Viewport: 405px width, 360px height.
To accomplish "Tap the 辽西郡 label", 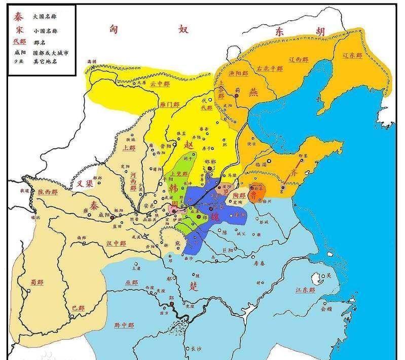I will point(298,60).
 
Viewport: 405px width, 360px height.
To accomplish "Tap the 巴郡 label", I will point(78,307).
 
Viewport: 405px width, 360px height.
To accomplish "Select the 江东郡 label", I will point(305,290).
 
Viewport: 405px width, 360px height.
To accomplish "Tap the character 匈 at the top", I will point(114,30).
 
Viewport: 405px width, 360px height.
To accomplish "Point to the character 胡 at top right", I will point(319,31).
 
